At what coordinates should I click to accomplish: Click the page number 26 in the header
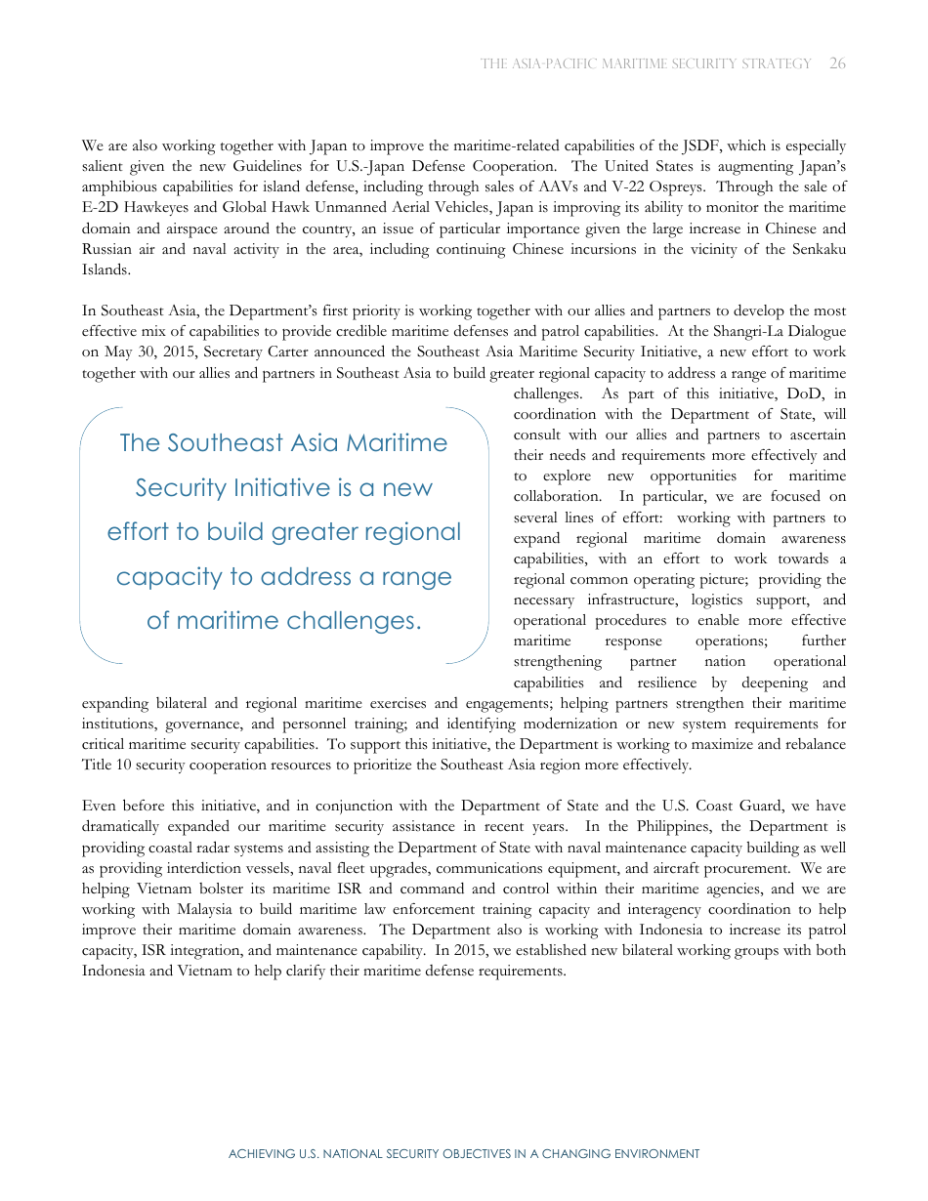pyautogui.click(x=837, y=63)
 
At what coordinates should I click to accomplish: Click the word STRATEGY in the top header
pyautogui.click(x=778, y=63)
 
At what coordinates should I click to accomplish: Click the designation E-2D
pyautogui.click(x=102, y=208)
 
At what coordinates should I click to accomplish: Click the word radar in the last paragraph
pyautogui.click(x=219, y=848)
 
